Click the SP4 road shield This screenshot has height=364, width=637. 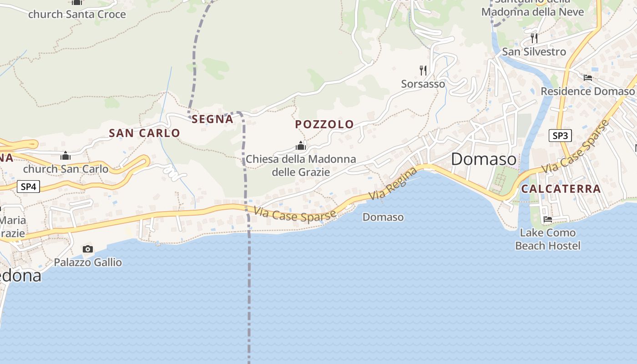[x=28, y=187]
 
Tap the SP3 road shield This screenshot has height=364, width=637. [x=560, y=136]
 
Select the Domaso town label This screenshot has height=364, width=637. [x=484, y=159]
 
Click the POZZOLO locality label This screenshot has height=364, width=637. [x=324, y=124]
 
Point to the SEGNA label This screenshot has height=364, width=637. [x=212, y=119]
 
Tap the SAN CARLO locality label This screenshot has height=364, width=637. [x=145, y=133]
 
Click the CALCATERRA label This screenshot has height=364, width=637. [x=561, y=189]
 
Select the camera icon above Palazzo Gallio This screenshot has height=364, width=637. [x=88, y=249]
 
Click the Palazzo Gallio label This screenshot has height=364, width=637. [x=88, y=263]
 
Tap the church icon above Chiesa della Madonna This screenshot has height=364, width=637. [x=300, y=146]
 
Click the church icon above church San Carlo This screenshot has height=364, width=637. [x=66, y=156]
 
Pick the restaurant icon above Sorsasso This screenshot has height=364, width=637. [x=423, y=70]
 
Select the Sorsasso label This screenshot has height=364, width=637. [x=423, y=84]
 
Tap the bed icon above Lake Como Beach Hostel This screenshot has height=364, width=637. [x=548, y=219]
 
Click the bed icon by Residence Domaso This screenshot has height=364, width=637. [x=588, y=78]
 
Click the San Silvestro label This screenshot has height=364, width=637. [x=534, y=52]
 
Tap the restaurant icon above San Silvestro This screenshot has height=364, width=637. [x=534, y=38]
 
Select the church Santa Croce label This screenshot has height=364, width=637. [x=77, y=15]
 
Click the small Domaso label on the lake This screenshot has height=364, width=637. [x=383, y=217]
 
